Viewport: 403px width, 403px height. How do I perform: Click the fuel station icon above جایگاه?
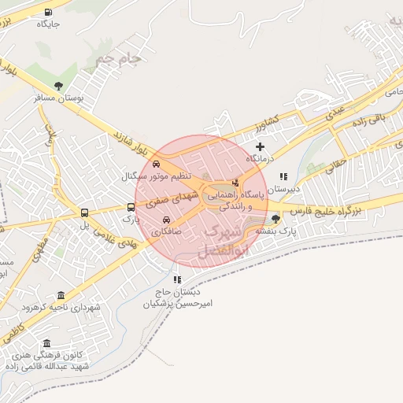click(49, 12)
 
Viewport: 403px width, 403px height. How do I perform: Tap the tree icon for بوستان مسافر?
click(58, 86)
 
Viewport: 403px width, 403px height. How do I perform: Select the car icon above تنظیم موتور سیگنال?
click(157, 163)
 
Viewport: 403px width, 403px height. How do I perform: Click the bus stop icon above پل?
click(84, 213)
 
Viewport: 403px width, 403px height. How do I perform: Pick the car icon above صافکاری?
click(166, 220)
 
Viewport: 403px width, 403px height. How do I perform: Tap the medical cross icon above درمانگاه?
click(261, 146)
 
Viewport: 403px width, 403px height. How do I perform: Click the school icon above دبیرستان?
click(283, 176)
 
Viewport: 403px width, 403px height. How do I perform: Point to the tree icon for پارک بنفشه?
click(275, 219)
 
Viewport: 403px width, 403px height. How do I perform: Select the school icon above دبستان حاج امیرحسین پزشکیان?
click(178, 279)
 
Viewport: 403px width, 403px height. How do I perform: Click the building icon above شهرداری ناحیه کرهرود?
click(62, 294)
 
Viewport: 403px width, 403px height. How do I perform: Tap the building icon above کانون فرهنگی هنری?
click(48, 343)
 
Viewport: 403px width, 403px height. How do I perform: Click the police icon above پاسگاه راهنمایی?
click(236, 182)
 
